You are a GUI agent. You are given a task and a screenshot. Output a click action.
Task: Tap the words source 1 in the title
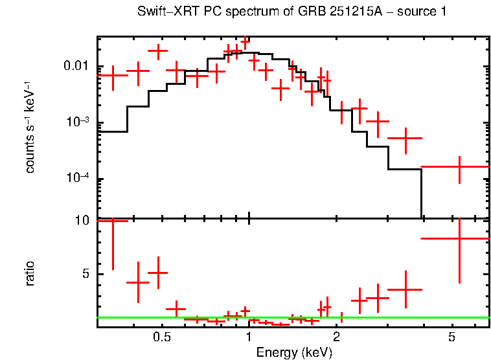422,12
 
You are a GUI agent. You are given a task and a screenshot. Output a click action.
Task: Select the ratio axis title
30,273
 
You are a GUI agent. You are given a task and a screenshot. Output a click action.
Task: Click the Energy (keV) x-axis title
293,352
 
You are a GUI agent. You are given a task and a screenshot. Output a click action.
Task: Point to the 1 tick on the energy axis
249,337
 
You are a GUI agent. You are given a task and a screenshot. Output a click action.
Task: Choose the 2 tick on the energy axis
336,337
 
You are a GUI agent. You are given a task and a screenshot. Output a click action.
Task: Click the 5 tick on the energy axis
452,337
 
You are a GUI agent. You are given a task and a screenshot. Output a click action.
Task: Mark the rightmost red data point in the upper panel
459,166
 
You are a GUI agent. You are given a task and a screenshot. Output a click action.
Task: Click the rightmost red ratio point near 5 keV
459,238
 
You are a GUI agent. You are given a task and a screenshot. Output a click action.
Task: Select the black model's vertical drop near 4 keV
422,194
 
